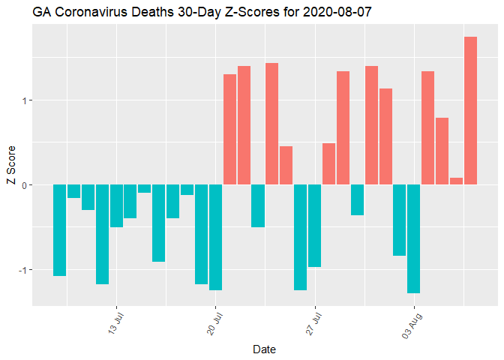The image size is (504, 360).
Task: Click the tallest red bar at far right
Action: [x=470, y=110]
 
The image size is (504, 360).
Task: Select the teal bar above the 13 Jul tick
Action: [x=116, y=205]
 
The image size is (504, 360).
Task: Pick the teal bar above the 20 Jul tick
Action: [x=215, y=237]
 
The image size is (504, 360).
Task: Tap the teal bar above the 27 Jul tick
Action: [x=314, y=226]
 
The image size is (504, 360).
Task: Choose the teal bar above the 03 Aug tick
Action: [x=413, y=238]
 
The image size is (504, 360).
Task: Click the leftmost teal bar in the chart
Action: [x=59, y=230]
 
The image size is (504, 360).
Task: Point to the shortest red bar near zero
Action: [x=456, y=181]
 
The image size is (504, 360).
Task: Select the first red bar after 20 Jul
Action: [x=229, y=129]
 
